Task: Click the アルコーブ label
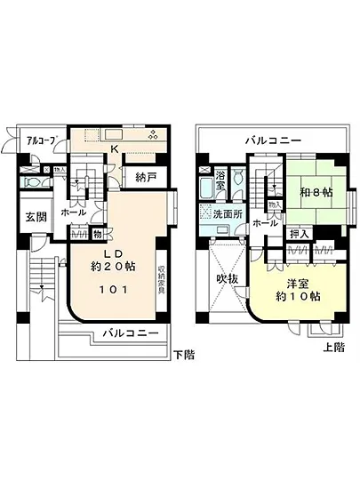(x=42, y=140)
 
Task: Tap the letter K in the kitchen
(x=114, y=150)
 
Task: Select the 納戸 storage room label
(x=147, y=178)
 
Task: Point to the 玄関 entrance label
(x=36, y=218)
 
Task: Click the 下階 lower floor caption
(x=182, y=354)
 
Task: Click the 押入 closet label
(x=300, y=234)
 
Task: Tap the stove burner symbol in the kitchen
(x=153, y=135)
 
